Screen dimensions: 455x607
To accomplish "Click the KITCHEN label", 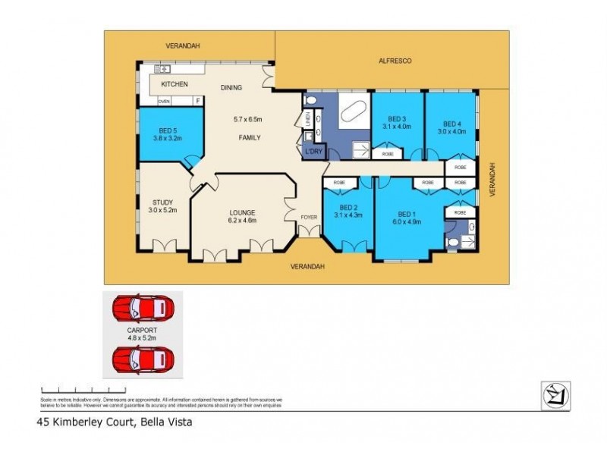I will click(x=174, y=83).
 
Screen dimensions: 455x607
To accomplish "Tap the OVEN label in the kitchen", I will click(x=164, y=101).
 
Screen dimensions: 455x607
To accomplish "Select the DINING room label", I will click(x=231, y=88).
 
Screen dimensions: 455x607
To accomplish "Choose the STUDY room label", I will click(x=162, y=202).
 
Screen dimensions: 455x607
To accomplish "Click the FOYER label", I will click(x=308, y=218).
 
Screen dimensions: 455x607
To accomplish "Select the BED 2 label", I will click(x=348, y=207).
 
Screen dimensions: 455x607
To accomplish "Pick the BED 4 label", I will click(x=452, y=124).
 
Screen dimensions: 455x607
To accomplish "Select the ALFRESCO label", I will click(x=395, y=61).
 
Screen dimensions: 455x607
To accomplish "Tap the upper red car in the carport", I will click(x=141, y=309).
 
